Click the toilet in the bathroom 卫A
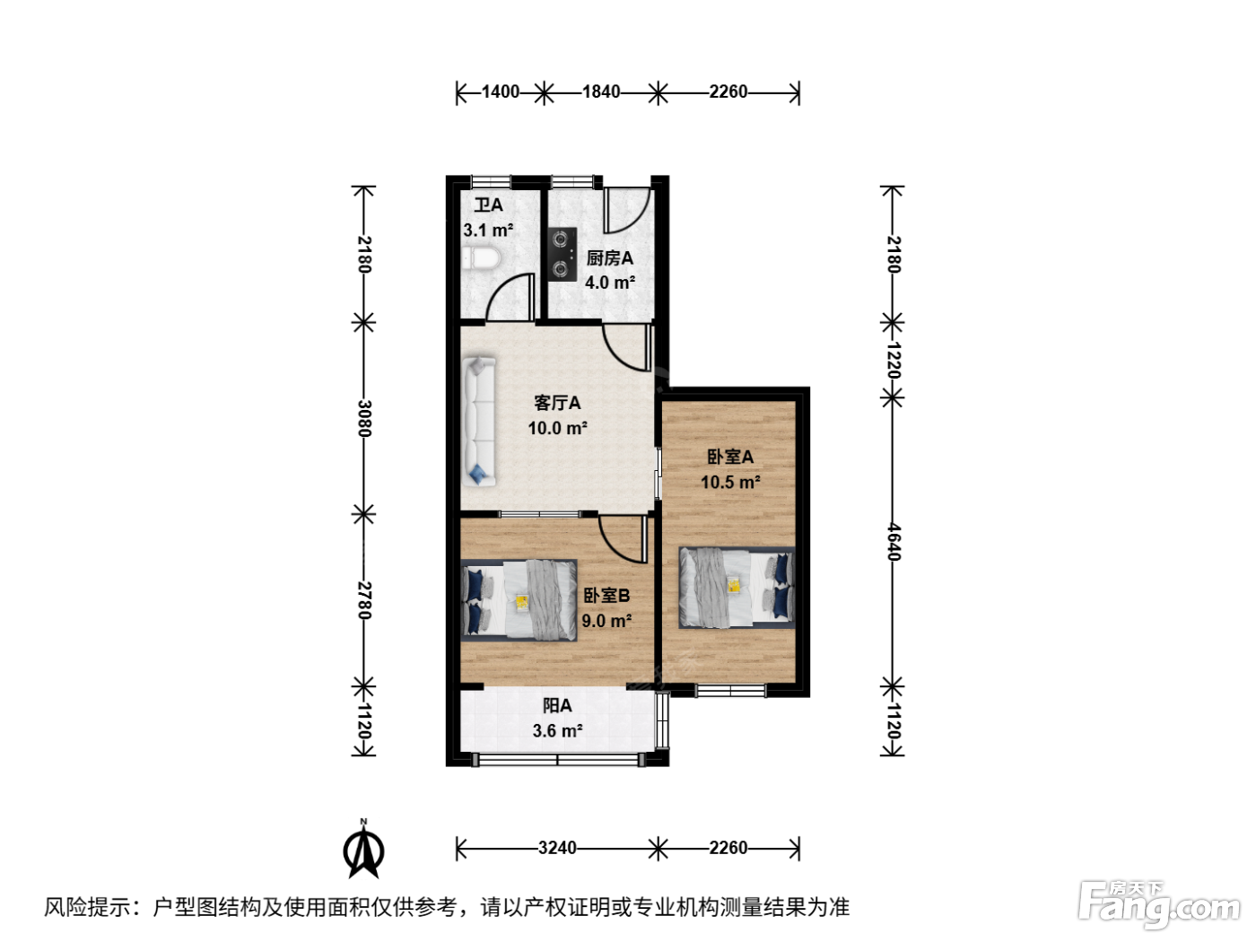[x=481, y=258]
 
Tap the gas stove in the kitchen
[x=562, y=254]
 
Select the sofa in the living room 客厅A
[x=478, y=422]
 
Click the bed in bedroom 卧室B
[x=519, y=600]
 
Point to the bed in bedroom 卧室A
[x=737, y=588]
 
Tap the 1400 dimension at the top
[x=500, y=92]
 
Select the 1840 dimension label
[x=601, y=92]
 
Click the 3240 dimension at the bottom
[x=557, y=848]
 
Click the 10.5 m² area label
[x=730, y=482]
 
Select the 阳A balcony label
[x=557, y=706]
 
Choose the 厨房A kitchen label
[x=609, y=258]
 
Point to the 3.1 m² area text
[x=488, y=231]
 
